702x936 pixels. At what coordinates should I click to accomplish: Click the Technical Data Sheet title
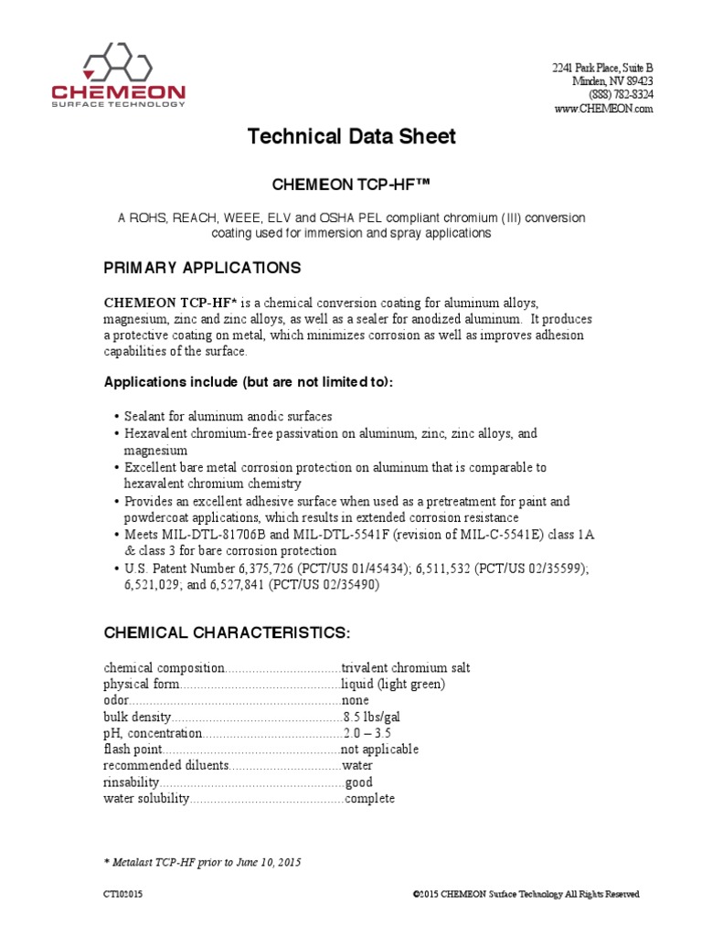tap(352, 137)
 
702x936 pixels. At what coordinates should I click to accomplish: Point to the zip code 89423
tap(637, 81)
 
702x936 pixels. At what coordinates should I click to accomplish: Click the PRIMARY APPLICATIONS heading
tap(202, 268)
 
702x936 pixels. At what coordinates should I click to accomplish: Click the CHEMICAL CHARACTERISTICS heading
tap(227, 633)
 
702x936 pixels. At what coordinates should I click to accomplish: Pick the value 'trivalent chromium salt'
tap(405, 668)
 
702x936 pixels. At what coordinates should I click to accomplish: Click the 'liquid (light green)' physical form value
tap(393, 684)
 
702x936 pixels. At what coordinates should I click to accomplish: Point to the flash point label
tap(127, 750)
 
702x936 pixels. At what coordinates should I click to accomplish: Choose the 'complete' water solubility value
tap(370, 799)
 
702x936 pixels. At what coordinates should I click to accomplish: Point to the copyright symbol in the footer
tap(416, 894)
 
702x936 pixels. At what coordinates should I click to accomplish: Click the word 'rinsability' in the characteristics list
tap(132, 782)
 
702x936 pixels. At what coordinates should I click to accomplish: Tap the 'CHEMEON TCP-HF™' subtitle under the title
tap(352, 186)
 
